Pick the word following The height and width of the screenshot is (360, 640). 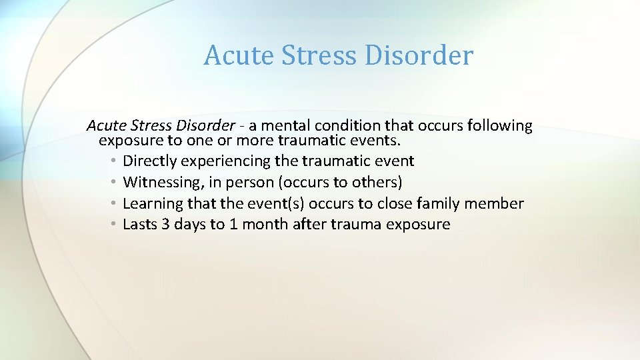[499, 125]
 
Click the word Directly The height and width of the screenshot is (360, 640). [150, 161]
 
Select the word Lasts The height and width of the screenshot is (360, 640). [139, 225]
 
